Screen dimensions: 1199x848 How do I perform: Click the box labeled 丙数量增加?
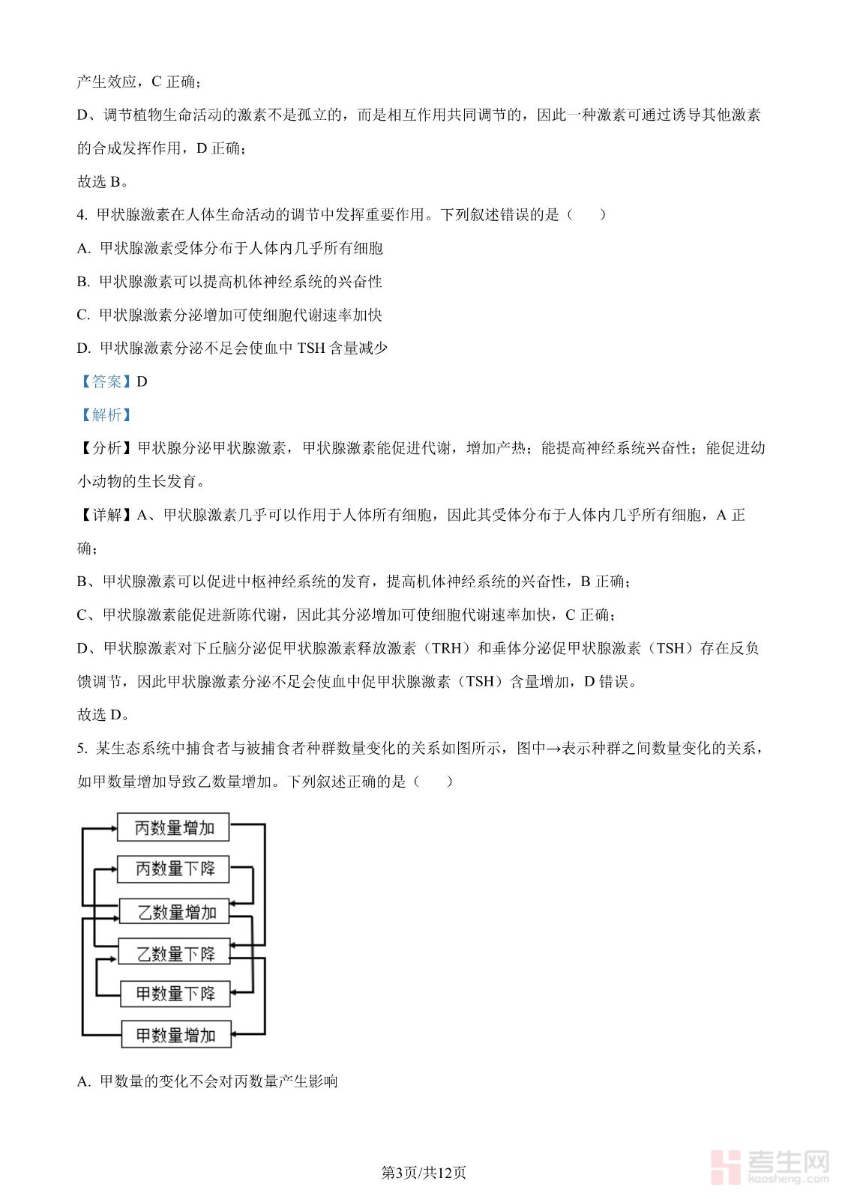click(173, 828)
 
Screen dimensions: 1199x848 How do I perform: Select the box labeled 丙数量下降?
click(173, 869)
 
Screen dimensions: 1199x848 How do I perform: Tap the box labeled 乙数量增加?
click(175, 912)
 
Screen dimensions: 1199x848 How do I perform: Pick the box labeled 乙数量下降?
click(175, 953)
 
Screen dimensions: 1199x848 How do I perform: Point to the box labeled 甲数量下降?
click(175, 994)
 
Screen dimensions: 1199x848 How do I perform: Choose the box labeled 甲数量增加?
click(175, 1035)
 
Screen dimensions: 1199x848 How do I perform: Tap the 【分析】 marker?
click(106, 448)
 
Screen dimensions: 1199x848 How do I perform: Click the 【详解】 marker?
click(106, 515)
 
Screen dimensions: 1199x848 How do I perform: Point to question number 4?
click(82, 215)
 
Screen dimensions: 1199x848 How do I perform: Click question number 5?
click(82, 748)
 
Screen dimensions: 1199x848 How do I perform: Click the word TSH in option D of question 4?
click(311, 348)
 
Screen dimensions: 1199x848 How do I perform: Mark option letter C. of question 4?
click(83, 315)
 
